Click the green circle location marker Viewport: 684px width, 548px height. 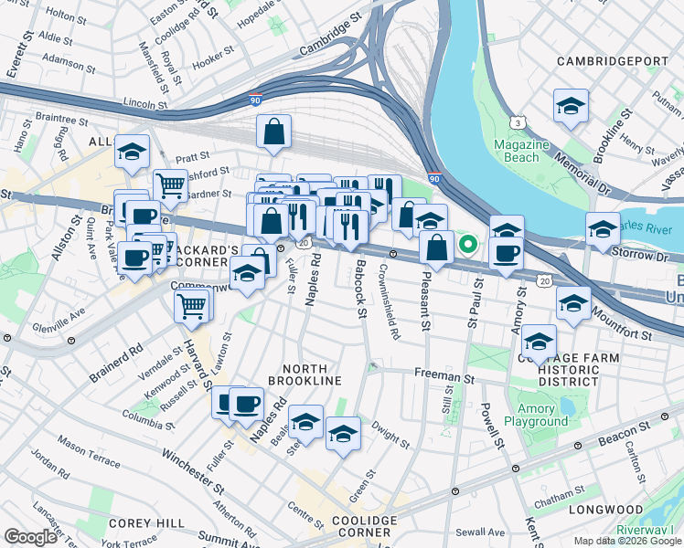(468, 244)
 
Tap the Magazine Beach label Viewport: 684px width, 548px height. (521, 152)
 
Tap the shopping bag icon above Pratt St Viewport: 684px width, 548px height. (273, 132)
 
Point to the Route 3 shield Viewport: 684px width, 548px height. (518, 121)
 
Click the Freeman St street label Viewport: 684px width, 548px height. (445, 374)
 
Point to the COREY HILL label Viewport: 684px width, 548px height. (134, 522)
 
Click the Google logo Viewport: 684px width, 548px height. (30, 537)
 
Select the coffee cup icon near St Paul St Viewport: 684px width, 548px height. (506, 252)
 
